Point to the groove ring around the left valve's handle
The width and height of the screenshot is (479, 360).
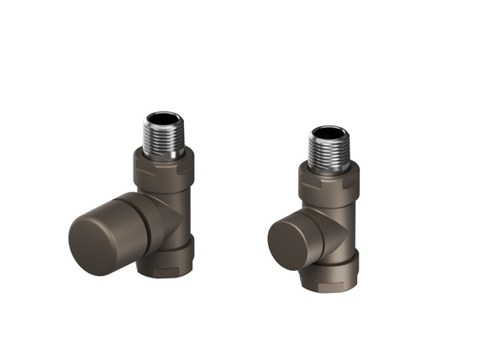tap(144, 220)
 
